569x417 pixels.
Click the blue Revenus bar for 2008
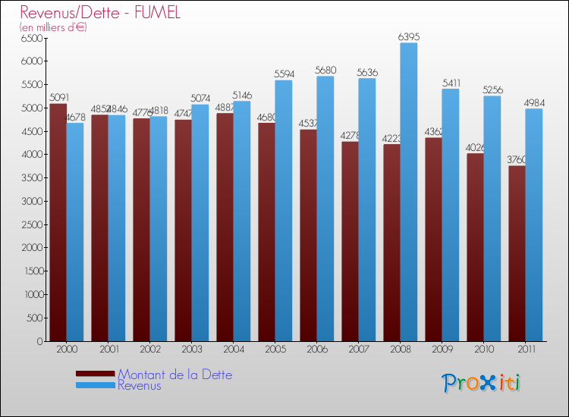408,193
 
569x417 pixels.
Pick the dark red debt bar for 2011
517,254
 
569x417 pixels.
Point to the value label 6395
408,36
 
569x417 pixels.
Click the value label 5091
58,97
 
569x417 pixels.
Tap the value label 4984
533,102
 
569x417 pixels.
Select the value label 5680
325,70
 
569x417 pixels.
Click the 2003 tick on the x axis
191,350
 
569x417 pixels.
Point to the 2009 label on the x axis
442,350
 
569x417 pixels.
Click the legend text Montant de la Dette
174,375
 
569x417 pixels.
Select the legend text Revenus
140,386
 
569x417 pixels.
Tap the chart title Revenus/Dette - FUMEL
100,14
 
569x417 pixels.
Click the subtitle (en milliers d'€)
53,27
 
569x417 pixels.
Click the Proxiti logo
482,383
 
